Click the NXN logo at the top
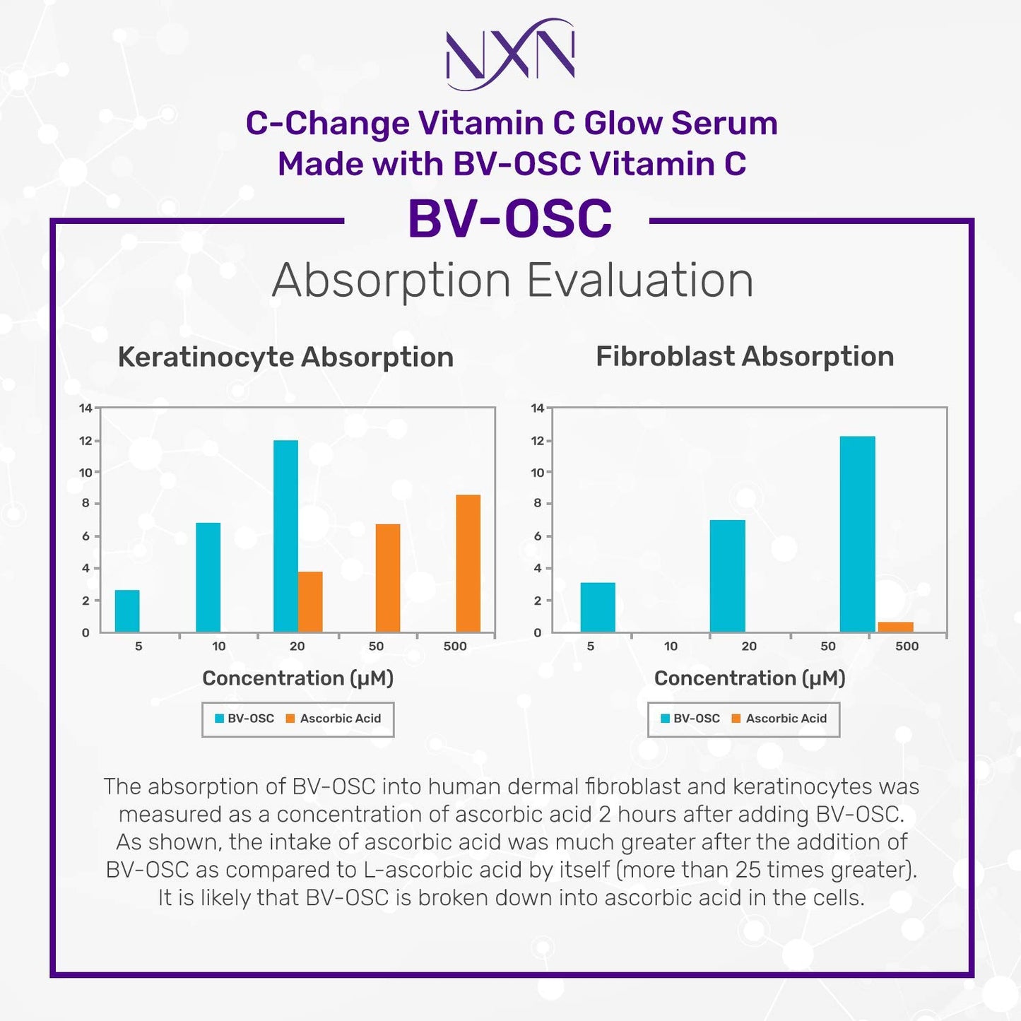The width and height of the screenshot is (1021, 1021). click(x=510, y=54)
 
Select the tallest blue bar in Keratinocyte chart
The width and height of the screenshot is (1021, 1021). click(x=285, y=536)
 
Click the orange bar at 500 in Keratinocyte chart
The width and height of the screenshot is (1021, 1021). click(x=468, y=563)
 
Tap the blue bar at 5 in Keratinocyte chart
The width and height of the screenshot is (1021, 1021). click(x=127, y=610)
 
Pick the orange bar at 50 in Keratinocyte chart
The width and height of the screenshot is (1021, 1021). click(x=387, y=578)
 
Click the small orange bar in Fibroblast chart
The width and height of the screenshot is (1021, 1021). click(x=895, y=627)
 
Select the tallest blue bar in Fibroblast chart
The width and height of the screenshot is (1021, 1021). click(x=857, y=534)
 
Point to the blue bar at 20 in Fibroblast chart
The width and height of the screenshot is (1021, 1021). click(x=727, y=576)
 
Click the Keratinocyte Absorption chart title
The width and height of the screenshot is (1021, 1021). click(x=285, y=357)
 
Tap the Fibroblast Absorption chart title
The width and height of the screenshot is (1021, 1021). click(x=745, y=356)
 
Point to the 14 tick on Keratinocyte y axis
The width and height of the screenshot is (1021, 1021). click(x=85, y=408)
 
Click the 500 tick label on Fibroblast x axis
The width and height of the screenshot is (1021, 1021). click(x=907, y=646)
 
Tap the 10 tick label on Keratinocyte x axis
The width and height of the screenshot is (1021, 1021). click(x=219, y=646)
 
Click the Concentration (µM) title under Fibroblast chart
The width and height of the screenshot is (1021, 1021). click(x=750, y=678)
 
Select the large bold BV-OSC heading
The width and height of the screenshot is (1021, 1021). click(x=509, y=219)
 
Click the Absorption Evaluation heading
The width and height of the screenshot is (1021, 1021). click(x=513, y=281)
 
